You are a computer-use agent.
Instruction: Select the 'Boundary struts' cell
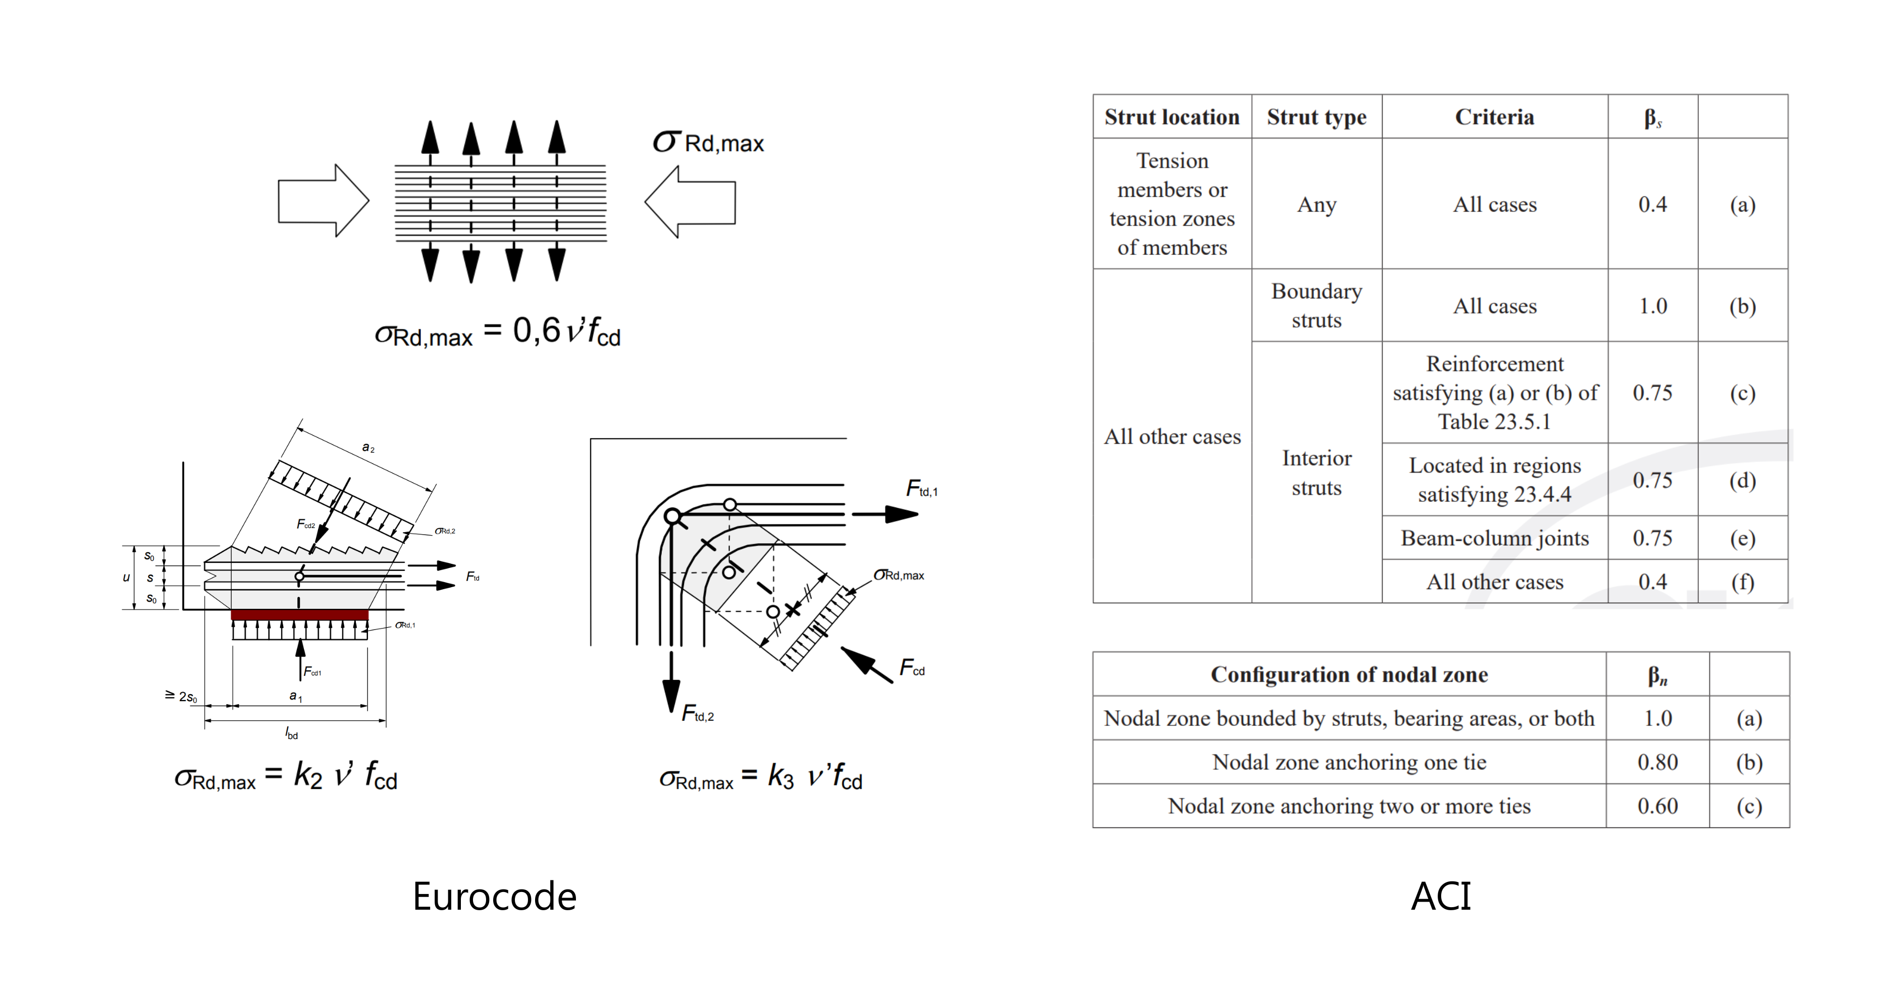pyautogui.click(x=1316, y=305)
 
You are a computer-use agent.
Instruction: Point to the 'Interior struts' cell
pyautogui.click(x=1316, y=473)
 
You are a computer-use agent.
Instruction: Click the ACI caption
pyautogui.click(x=1440, y=896)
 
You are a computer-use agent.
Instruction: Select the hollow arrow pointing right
pyautogui.click(x=323, y=200)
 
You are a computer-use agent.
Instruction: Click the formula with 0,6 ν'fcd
pyautogui.click(x=498, y=332)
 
